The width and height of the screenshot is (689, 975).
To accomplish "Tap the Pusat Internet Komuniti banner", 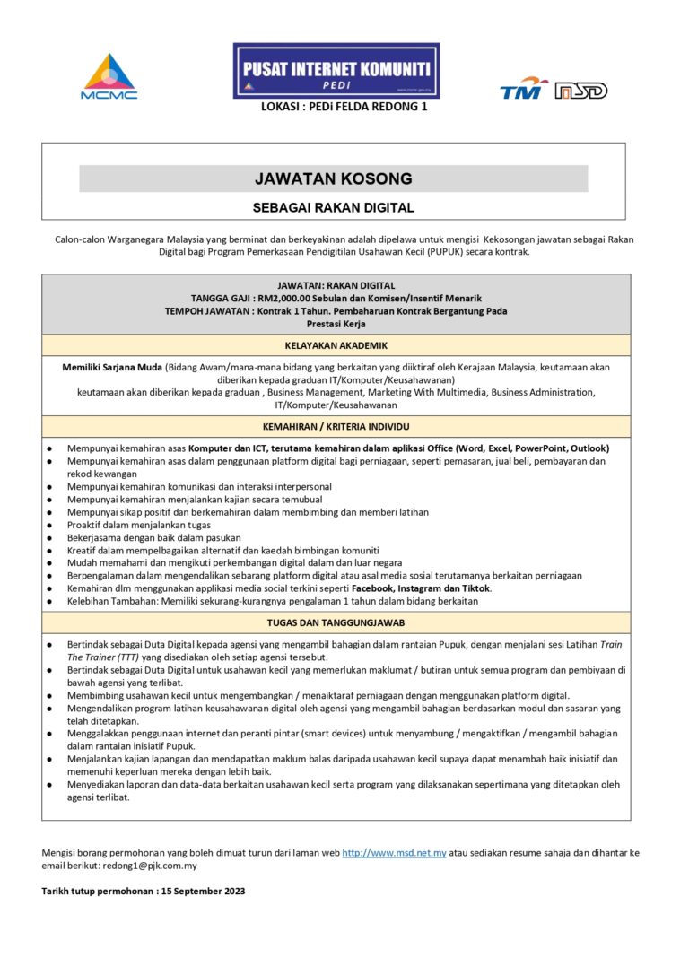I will pos(336,70).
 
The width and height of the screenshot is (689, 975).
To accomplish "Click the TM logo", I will pos(524,88).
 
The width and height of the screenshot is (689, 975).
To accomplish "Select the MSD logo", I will pos(580,91).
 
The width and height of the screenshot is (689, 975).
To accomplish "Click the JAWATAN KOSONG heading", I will pos(334,178).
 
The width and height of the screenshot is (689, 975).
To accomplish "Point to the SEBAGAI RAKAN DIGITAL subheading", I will pos(334,208).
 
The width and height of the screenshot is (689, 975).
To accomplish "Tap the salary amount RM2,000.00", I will pos(290,298).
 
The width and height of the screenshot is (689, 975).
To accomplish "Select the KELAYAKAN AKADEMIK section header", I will pos(336,345).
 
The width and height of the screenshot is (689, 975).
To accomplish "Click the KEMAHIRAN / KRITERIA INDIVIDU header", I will pos(336,427).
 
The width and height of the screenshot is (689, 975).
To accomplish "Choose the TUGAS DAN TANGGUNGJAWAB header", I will pos(336,622).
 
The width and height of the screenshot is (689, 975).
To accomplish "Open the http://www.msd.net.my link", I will pos(395,852).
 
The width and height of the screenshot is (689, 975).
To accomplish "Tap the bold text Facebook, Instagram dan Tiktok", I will pos(421,588).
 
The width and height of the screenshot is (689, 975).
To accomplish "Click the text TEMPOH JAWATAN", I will pos(205,311).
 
